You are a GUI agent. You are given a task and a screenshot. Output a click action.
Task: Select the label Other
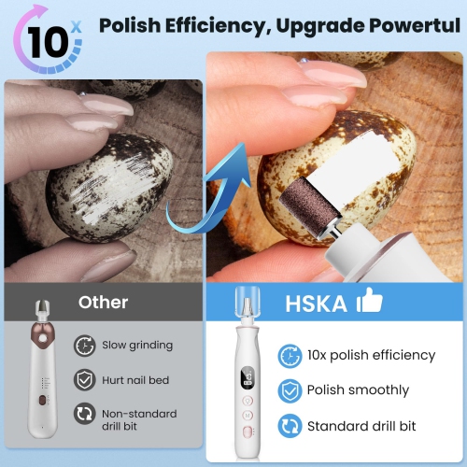click(103, 302)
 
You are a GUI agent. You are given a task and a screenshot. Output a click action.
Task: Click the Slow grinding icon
click(85, 345)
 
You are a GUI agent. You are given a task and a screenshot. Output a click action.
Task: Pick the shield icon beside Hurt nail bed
click(85, 379)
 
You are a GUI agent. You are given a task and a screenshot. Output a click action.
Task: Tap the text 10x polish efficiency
click(371, 355)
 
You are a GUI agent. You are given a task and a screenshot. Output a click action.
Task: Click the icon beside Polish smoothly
click(290, 389)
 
